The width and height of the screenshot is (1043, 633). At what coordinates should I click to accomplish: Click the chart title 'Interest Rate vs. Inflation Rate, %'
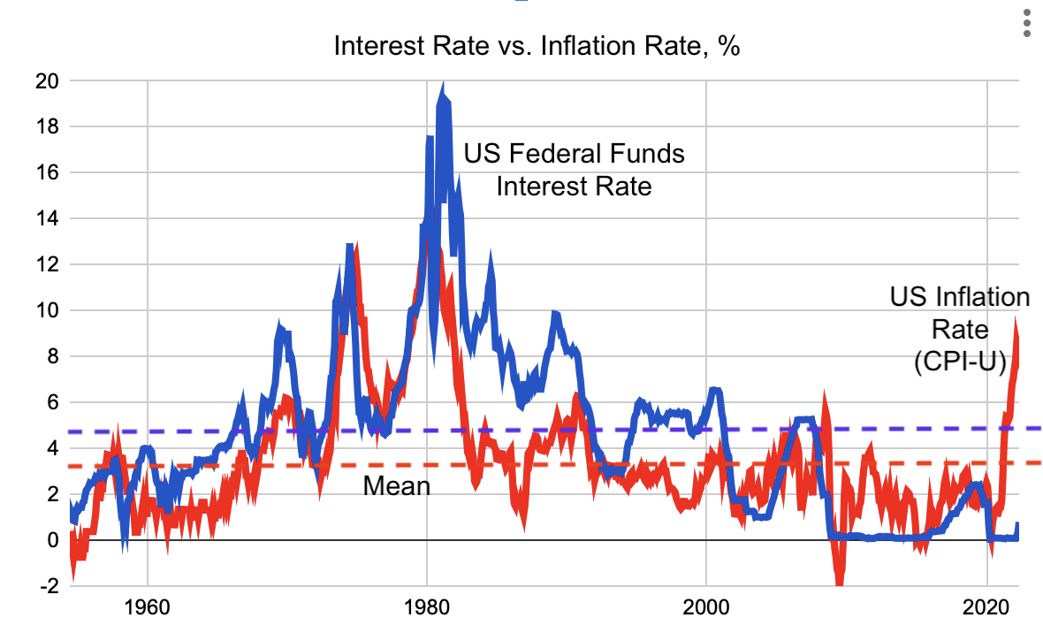(x=537, y=46)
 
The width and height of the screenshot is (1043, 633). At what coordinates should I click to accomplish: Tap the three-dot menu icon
(x=1026, y=24)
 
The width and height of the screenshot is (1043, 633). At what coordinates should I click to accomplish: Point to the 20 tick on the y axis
(x=47, y=81)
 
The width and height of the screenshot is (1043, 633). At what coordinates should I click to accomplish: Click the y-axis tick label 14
(x=47, y=218)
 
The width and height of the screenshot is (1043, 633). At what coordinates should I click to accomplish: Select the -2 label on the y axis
(x=49, y=585)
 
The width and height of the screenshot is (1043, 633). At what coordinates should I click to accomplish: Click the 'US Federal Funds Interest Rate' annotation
(x=575, y=170)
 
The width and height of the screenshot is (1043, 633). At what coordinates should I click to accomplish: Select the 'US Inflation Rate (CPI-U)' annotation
(x=959, y=329)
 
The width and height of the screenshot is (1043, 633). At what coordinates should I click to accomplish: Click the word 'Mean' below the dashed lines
(x=397, y=485)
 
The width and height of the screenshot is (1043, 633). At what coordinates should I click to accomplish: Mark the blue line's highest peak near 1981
(x=442, y=86)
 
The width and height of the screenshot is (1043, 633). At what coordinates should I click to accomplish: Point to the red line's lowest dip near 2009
(x=839, y=581)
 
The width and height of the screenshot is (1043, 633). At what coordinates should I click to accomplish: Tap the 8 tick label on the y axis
(x=51, y=356)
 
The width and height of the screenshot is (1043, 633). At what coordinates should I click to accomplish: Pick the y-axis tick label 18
(x=47, y=126)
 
